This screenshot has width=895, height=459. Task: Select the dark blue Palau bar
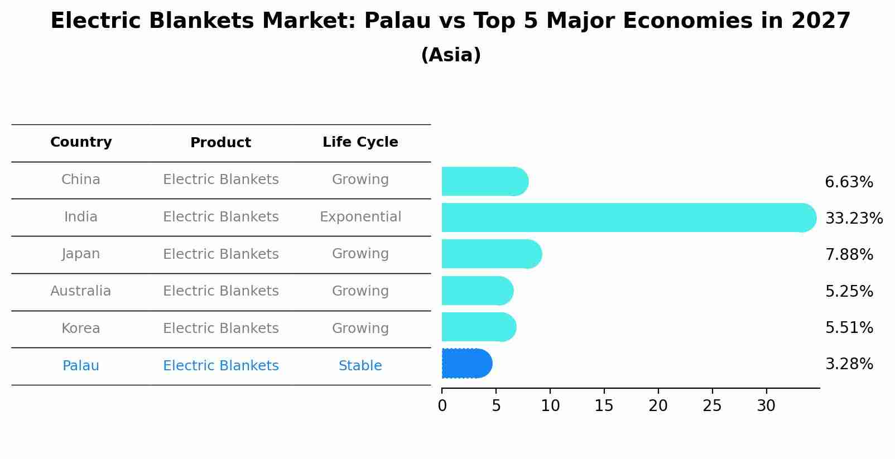pos(466,364)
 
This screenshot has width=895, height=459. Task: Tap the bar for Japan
pos(491,254)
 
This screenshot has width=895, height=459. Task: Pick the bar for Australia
pos(477,291)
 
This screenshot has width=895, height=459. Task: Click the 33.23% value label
pos(854,218)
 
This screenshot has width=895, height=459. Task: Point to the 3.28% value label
pos(849,364)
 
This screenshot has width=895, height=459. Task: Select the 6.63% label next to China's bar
pos(849,182)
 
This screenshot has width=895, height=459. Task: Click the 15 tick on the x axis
pos(604,406)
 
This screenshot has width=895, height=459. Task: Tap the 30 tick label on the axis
pos(766,406)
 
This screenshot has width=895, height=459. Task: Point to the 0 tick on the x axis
pos(442,406)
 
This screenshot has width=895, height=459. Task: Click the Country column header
pos(81,142)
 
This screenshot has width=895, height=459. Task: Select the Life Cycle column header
pos(360,142)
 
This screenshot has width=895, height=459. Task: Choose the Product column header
pos(220,143)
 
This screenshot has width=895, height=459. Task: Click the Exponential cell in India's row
pos(360,217)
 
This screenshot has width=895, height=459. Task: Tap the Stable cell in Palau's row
pos(360,366)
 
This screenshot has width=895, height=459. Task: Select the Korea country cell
pos(81,328)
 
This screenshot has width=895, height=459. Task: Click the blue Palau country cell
pos(81,366)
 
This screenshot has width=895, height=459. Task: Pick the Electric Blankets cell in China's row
pos(220,180)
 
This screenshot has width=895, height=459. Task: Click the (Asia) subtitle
pos(451,55)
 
